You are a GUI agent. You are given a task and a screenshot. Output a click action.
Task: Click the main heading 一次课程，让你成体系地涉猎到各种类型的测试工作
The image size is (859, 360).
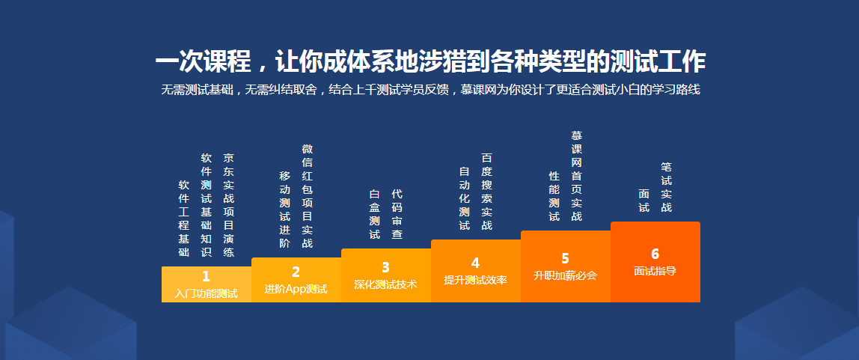click(x=430, y=62)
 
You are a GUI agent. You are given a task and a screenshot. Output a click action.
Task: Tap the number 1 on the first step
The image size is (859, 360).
click(x=207, y=277)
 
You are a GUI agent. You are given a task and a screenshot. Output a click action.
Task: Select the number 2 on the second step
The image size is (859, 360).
click(x=296, y=272)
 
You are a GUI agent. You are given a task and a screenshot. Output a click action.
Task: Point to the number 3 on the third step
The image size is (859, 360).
click(x=385, y=267)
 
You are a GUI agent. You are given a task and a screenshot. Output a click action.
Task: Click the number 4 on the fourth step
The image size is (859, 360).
click(x=475, y=263)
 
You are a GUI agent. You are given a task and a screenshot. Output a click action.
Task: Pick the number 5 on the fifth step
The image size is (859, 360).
click(x=565, y=258)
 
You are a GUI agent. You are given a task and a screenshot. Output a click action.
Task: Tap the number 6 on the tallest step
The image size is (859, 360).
click(x=655, y=254)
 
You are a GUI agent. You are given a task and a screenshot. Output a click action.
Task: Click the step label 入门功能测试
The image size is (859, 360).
click(x=207, y=293)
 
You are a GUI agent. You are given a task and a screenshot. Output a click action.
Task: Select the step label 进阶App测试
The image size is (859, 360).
click(x=296, y=288)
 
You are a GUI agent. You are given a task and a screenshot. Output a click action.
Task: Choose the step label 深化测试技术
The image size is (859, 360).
click(x=385, y=284)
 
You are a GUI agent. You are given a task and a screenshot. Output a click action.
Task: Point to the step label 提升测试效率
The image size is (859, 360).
click(x=475, y=280)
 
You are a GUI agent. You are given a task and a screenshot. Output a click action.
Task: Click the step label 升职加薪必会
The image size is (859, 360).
click(x=565, y=275)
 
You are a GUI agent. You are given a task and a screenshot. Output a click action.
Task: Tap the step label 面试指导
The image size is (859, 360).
click(x=655, y=271)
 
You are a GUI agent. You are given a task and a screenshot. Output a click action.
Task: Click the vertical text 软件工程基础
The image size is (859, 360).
click(x=184, y=218)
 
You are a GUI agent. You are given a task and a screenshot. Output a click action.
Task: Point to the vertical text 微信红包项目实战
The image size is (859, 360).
click(x=307, y=196)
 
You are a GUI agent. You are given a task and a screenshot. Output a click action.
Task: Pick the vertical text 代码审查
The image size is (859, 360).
click(x=397, y=214)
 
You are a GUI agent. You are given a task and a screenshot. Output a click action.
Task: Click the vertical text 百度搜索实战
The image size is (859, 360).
click(x=486, y=192)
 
